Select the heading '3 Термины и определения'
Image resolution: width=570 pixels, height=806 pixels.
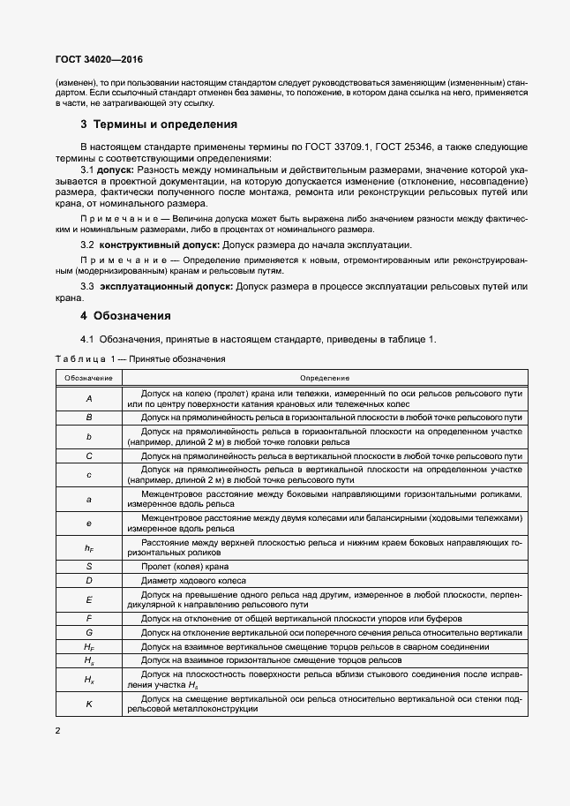(159, 124)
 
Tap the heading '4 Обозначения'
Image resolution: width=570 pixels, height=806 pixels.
(127, 315)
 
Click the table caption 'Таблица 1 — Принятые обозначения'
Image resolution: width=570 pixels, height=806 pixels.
(140, 359)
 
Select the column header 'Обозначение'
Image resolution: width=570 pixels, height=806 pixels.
(88, 377)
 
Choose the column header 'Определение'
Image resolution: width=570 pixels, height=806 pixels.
(325, 377)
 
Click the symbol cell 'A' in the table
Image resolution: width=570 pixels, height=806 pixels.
(88, 397)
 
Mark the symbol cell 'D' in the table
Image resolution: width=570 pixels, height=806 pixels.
(88, 580)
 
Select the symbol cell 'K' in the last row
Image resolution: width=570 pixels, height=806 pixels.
(88, 704)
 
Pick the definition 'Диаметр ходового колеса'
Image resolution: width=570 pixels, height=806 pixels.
(190, 580)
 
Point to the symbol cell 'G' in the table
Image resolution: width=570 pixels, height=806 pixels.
(88, 633)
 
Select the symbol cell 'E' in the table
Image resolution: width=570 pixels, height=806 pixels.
(88, 600)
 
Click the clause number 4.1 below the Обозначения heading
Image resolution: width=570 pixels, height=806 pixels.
(87, 340)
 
